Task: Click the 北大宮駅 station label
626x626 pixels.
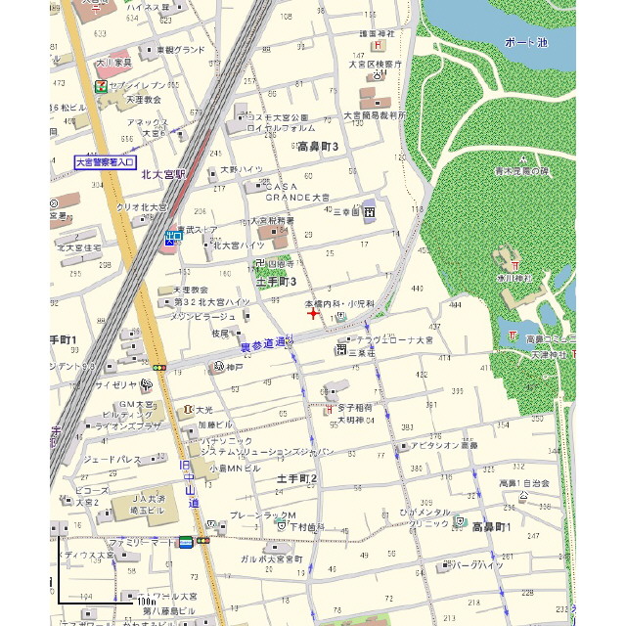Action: (163, 175)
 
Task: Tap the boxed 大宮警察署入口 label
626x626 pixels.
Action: (106, 162)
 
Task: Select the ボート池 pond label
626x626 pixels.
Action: (526, 43)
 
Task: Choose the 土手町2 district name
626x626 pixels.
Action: (297, 478)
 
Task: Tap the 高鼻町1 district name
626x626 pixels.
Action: (492, 527)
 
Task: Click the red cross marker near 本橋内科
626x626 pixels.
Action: (312, 314)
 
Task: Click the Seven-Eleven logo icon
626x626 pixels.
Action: (100, 86)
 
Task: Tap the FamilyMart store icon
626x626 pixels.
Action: (185, 540)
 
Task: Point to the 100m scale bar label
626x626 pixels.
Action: (147, 599)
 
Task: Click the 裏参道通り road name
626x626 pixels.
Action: (266, 343)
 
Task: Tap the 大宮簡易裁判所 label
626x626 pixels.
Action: (374, 114)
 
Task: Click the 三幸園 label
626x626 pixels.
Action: (347, 210)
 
